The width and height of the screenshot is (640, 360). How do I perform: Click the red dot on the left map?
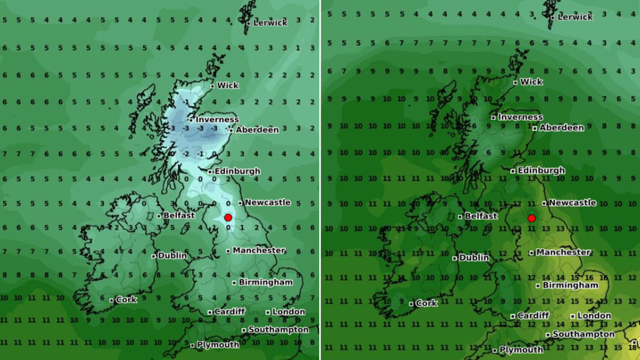228,218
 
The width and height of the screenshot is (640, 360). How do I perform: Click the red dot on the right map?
532,218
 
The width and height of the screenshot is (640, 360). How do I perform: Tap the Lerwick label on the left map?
270,23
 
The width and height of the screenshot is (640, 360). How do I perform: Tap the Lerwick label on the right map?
575,17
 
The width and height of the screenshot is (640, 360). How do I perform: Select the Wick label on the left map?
228,86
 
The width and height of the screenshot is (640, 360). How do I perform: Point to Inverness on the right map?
520,117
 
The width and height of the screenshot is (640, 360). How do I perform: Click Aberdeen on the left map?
257,130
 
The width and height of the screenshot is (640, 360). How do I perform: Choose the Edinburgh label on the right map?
541,171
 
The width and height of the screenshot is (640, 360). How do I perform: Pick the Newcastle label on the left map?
267,203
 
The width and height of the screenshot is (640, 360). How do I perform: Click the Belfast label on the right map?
481,216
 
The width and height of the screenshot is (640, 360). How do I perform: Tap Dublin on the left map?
172,255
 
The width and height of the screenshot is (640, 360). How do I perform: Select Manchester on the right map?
564,252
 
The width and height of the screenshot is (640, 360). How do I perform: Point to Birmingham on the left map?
265,282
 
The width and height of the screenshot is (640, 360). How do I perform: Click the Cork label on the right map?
426,303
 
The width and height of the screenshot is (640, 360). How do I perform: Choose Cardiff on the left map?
230,312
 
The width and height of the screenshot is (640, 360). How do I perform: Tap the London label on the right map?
594,316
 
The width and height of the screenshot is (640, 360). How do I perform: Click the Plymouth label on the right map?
521,350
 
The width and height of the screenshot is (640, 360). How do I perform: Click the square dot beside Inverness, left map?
191,120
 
